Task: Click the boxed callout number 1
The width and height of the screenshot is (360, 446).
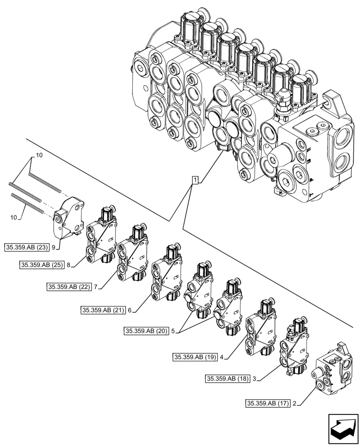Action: [195, 180]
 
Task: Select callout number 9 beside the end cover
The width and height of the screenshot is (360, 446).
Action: [53, 246]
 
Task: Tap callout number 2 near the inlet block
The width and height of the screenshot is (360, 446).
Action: [295, 404]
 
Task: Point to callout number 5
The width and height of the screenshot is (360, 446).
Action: [172, 331]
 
